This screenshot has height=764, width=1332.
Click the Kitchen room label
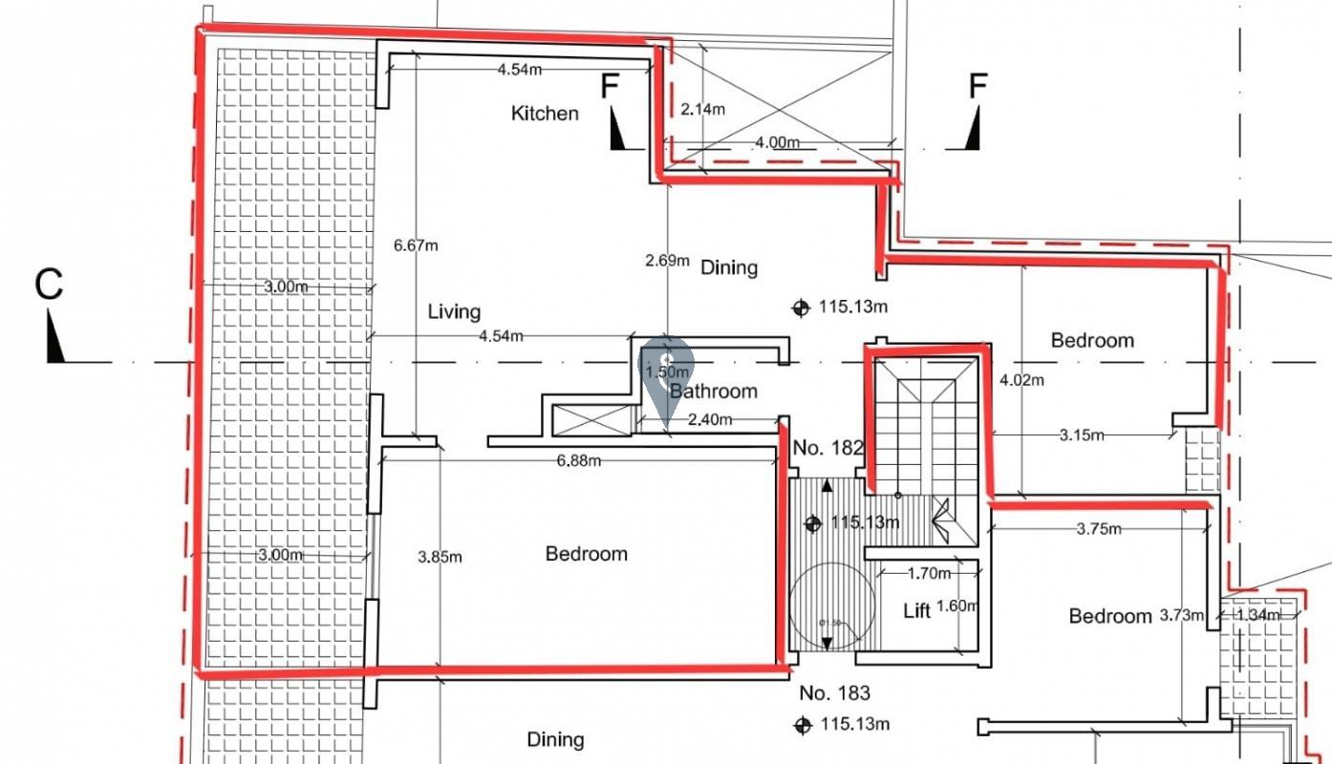point(545,114)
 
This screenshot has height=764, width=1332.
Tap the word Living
point(454,311)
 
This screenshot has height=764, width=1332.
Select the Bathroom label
point(714,391)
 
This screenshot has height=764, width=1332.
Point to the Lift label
point(917,611)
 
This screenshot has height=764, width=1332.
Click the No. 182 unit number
point(828,448)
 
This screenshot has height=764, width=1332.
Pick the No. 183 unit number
point(834,693)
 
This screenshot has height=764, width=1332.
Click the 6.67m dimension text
point(416,245)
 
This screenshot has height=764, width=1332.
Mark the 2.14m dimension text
point(702,109)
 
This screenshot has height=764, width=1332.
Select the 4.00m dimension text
point(777,142)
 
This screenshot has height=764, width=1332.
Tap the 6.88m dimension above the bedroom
point(578,461)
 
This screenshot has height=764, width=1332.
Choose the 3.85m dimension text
point(440,557)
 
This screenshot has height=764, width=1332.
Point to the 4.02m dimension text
point(1021,379)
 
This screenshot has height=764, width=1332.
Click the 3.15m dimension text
point(1082,435)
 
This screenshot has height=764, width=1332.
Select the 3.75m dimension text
point(1099,528)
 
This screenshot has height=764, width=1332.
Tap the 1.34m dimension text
point(1257,615)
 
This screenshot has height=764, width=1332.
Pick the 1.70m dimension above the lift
point(929,573)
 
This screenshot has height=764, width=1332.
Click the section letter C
point(49,285)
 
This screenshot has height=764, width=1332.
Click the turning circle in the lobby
point(832,606)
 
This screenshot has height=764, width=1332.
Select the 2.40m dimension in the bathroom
point(710,419)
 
